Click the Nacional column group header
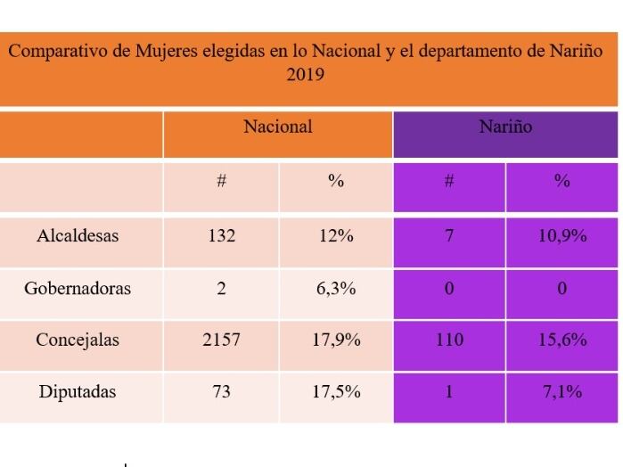pos(278,127)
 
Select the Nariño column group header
pos(505,127)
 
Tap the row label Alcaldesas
pos(78,236)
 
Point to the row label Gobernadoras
pos(78,288)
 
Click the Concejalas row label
pos(78,340)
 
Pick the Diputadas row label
pos(78,391)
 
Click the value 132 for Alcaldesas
pos(221,236)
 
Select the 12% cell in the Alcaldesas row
pos(336,236)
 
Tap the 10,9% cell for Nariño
pos(562,236)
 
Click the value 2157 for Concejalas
pos(221,340)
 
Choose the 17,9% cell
pos(336,340)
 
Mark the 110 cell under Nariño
pos(449,340)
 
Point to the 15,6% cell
pos(562,340)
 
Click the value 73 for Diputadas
pos(221,391)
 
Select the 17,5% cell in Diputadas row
pos(336,391)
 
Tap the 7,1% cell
pos(562,391)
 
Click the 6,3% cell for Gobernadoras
pos(336,288)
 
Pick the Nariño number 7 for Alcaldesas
pos(449,236)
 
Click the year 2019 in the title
pos(305,75)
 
